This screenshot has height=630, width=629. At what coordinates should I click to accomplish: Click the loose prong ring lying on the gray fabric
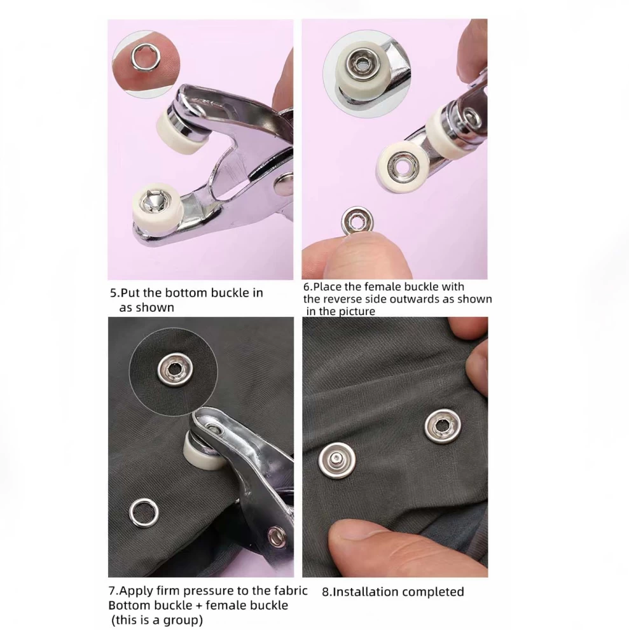143,513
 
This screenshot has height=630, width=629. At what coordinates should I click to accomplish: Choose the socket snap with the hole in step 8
442,426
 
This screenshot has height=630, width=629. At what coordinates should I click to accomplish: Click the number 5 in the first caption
113,293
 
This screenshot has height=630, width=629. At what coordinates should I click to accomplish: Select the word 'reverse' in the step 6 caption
352,299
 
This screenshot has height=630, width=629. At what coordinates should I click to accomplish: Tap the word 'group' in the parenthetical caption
180,620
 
